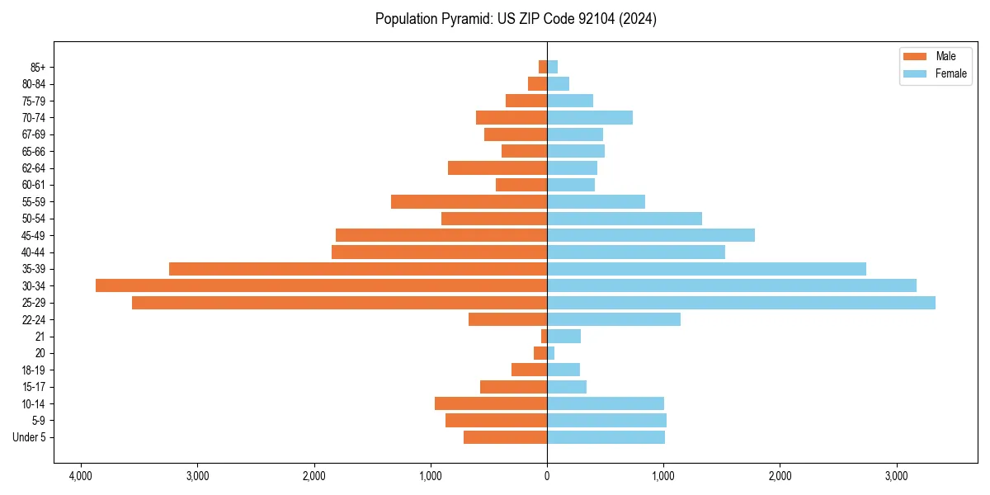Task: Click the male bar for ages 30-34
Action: coord(322,285)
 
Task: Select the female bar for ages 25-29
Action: coord(741,303)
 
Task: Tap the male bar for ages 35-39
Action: coord(358,269)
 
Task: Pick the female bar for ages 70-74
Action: coord(590,117)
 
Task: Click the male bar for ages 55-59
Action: coord(469,201)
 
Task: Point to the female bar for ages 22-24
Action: coord(614,319)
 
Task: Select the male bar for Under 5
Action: coord(505,437)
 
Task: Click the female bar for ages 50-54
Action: coord(625,219)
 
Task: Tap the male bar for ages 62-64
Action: coord(497,167)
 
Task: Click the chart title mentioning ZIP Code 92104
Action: coord(516,19)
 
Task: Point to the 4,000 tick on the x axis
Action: coord(80,477)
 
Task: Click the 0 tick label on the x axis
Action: coord(547,477)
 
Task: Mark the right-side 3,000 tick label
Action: coord(897,477)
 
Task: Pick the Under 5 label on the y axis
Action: coord(30,437)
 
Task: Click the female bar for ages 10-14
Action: coord(606,403)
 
